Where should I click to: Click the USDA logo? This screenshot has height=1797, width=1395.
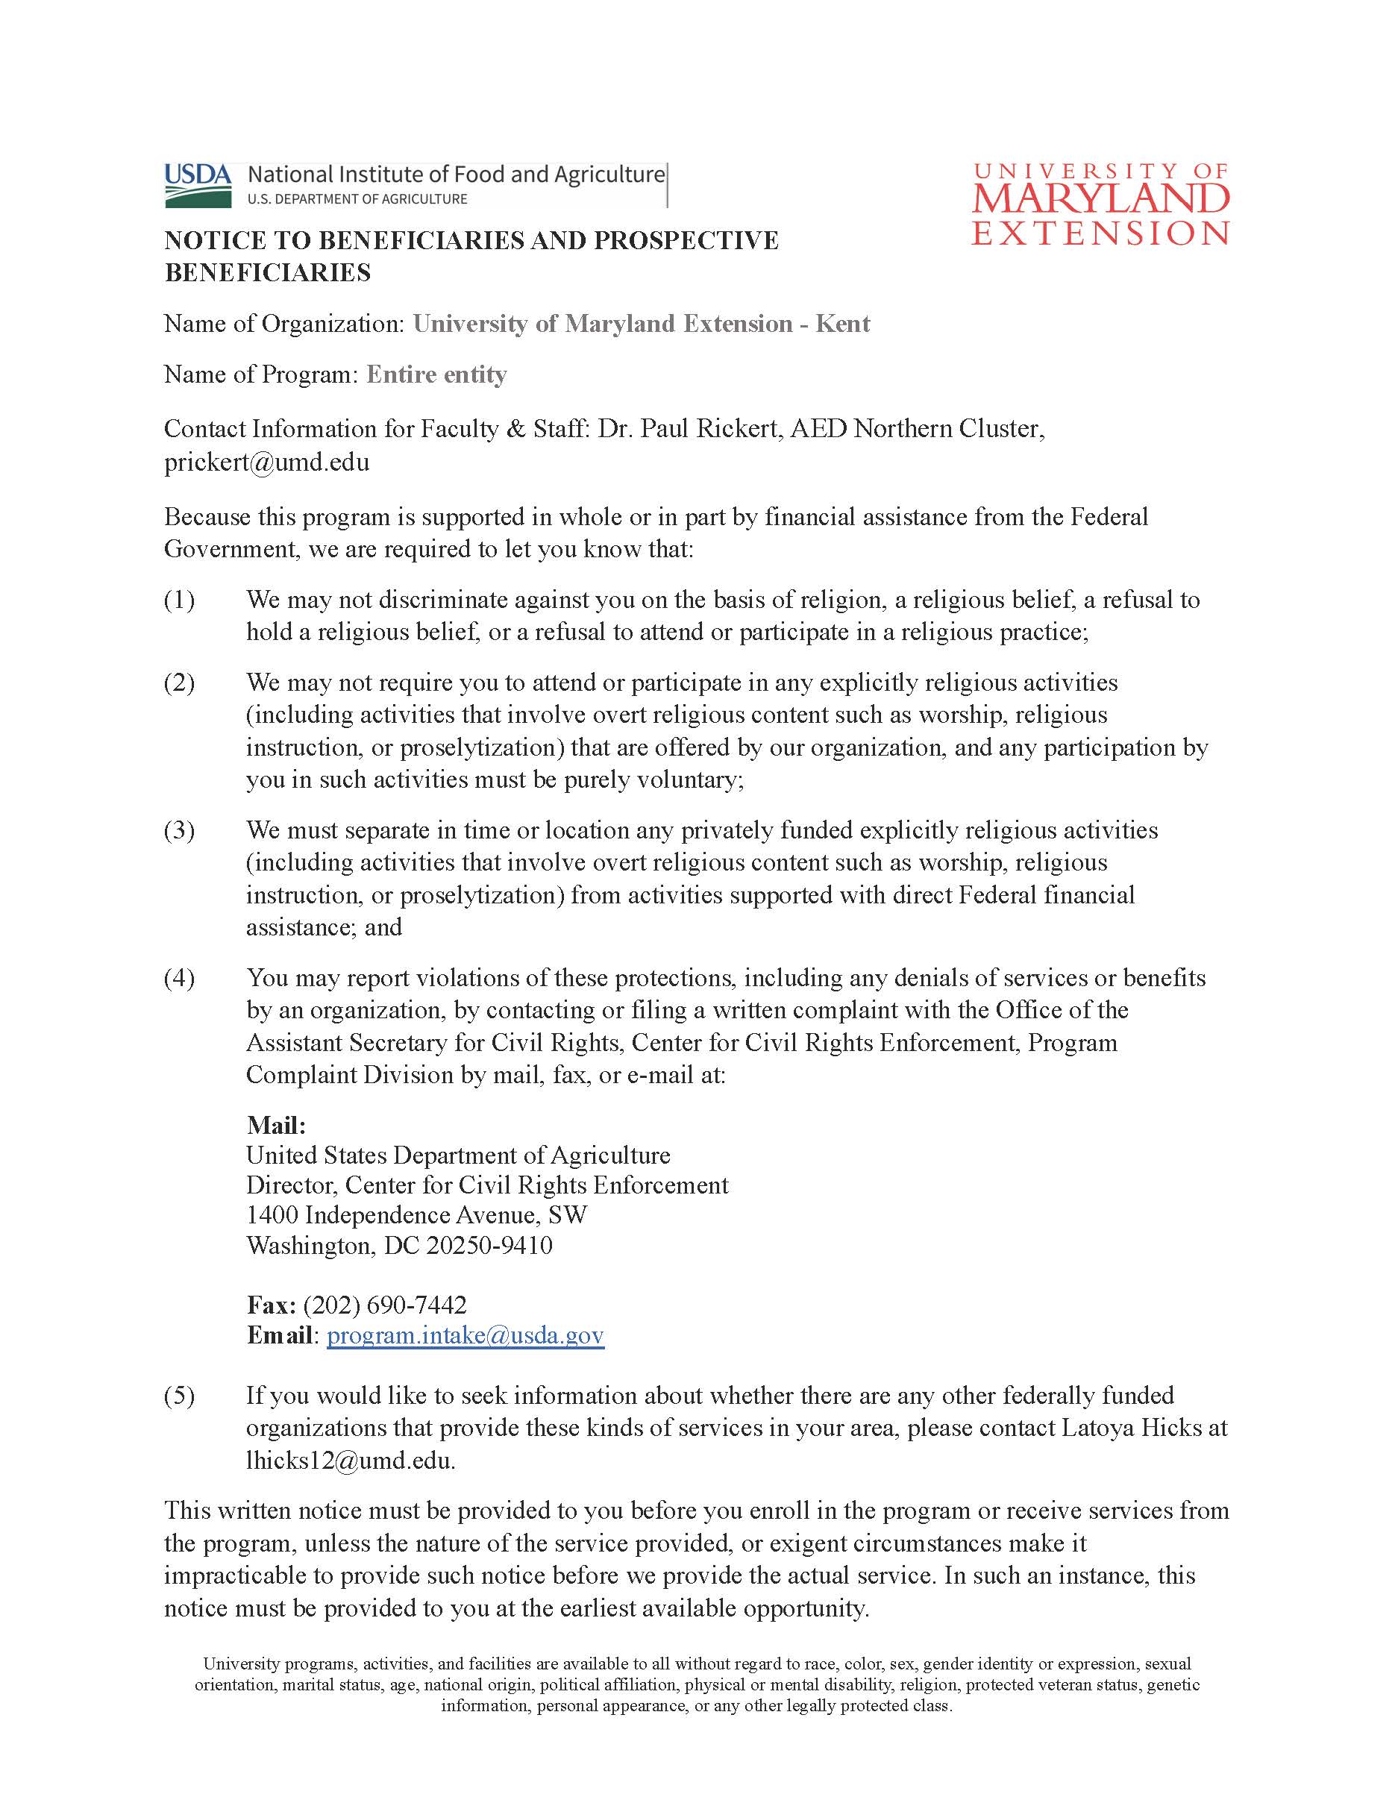pos(198,184)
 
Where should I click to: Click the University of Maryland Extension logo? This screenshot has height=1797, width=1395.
pos(1100,204)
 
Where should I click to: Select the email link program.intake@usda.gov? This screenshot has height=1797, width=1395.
pos(465,1335)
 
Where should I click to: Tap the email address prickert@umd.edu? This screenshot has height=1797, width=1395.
pos(266,462)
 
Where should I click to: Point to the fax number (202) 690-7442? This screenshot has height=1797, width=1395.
pos(384,1304)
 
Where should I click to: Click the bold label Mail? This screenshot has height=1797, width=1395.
pos(276,1125)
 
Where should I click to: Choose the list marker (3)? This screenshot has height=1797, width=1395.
pos(180,829)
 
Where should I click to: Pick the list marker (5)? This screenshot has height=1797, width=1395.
pos(180,1396)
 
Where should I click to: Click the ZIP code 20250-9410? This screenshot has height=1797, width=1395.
pos(489,1245)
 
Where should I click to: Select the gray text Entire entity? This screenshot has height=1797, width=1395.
pos(436,374)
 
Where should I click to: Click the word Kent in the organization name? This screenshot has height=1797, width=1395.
pos(842,323)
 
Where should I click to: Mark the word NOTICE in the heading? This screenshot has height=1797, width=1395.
pos(216,240)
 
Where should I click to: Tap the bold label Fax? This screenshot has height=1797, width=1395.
pos(272,1304)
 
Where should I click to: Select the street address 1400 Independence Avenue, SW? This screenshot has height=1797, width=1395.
pos(416,1214)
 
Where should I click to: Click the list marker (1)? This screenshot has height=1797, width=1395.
pos(180,600)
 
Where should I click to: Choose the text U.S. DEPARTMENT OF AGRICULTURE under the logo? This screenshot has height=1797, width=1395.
pos(357,198)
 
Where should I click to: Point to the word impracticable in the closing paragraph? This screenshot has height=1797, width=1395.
pos(247,1575)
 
